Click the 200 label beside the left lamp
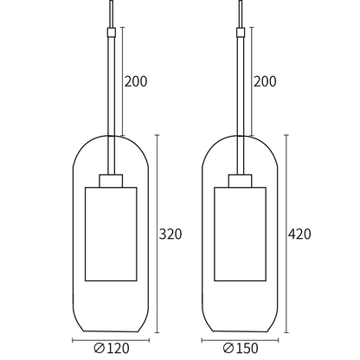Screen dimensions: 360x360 (x=136, y=82)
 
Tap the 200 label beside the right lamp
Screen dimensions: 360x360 (x=264, y=82)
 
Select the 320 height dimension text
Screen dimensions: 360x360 (x=170, y=233)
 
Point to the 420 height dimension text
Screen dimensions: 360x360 (x=299, y=234)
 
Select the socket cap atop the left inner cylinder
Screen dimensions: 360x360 (x=112, y=181)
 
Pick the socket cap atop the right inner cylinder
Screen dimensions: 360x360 (x=240, y=181)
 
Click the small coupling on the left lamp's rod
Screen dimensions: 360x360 (x=112, y=33)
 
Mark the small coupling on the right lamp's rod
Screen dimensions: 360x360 (x=240, y=33)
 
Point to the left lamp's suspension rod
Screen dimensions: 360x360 (x=112, y=104)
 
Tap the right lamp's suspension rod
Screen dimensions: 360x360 (x=240, y=104)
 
